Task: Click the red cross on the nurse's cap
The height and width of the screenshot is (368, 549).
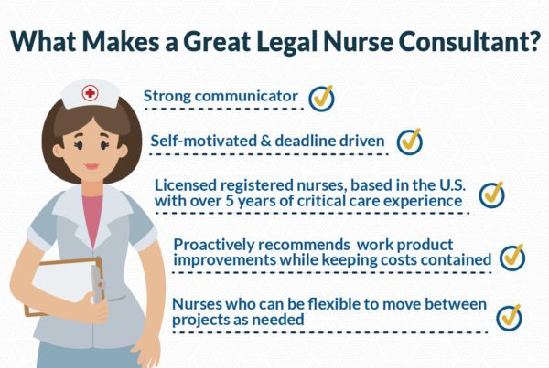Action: (x=90, y=93)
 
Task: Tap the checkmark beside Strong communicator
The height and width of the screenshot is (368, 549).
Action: (x=321, y=99)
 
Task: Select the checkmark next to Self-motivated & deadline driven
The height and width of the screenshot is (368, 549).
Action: (x=410, y=142)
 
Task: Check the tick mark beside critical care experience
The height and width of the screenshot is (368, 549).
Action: (x=492, y=195)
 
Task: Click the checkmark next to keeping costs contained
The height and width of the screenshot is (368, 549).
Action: (x=512, y=258)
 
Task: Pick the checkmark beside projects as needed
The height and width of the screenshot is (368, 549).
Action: (x=509, y=318)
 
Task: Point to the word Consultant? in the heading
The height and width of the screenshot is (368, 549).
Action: (x=468, y=41)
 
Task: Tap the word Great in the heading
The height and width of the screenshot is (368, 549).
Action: (x=217, y=41)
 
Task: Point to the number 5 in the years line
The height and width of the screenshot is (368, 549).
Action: (x=229, y=201)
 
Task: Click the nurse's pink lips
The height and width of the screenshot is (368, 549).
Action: (x=91, y=166)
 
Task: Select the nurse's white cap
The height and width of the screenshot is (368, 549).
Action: (x=90, y=94)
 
